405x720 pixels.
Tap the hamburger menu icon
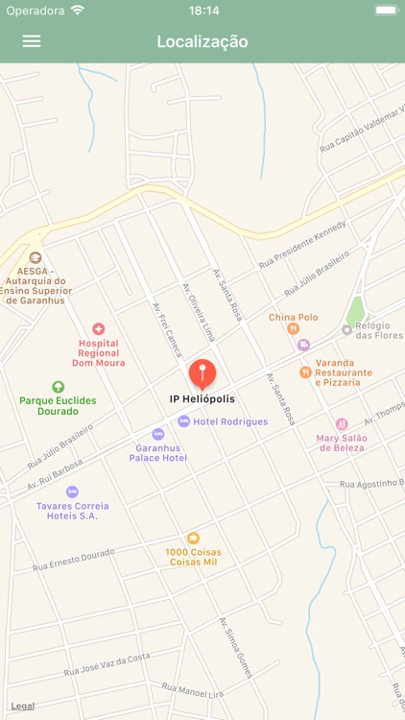pyautogui.click(x=32, y=41)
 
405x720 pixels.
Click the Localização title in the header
pyautogui.click(x=202, y=41)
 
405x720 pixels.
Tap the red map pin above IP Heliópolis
pyautogui.click(x=202, y=373)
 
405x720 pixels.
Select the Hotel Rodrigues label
pyautogui.click(x=230, y=421)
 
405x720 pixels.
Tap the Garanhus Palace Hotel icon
pyautogui.click(x=158, y=435)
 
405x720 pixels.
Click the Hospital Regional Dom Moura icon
pyautogui.click(x=98, y=329)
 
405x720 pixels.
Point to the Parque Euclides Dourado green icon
pyautogui.click(x=58, y=387)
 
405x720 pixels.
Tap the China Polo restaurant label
pyautogui.click(x=293, y=317)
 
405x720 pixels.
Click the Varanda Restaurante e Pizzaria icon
pyautogui.click(x=305, y=372)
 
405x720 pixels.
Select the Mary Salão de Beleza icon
pyautogui.click(x=342, y=424)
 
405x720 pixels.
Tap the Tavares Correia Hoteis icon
pyautogui.click(x=72, y=492)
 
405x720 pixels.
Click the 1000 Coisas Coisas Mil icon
pyautogui.click(x=193, y=538)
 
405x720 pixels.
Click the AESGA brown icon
pyautogui.click(x=36, y=257)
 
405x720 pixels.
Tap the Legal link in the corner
pyautogui.click(x=22, y=707)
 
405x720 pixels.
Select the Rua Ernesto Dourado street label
pyautogui.click(x=73, y=560)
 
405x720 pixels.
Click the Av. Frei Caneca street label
pyautogui.click(x=167, y=329)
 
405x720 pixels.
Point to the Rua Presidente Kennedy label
pyautogui.click(x=302, y=245)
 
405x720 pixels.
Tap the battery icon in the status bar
pyautogui.click(x=385, y=11)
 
